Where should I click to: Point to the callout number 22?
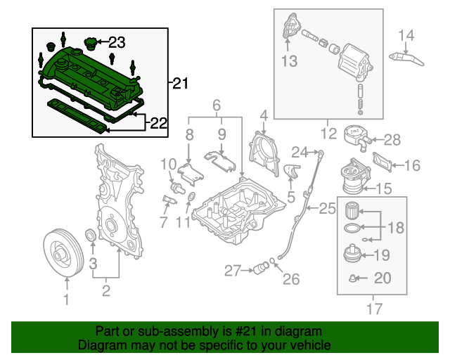point(159,124)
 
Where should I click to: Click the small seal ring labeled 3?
point(91,235)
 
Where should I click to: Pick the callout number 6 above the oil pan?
point(217,105)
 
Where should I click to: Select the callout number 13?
point(290,62)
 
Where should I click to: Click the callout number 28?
point(392,139)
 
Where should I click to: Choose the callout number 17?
point(373,307)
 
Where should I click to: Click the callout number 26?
point(291,280)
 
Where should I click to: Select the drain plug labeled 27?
point(263,268)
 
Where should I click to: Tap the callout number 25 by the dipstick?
point(327,208)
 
